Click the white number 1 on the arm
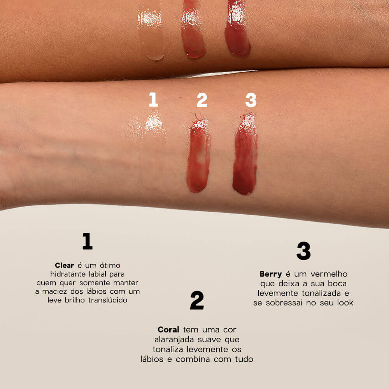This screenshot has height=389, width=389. (154, 100)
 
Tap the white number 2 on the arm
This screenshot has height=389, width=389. (202, 100)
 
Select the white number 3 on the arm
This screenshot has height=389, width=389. (251, 100)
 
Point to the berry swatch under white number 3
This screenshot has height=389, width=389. (245, 156)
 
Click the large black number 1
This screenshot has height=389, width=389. (88, 241)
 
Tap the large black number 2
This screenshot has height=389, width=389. (197, 300)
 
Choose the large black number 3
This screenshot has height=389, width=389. (303, 251)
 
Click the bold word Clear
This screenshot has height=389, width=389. (64, 265)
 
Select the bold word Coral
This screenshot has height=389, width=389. (168, 329)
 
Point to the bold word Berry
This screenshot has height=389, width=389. (271, 274)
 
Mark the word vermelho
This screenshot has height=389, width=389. (328, 274)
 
